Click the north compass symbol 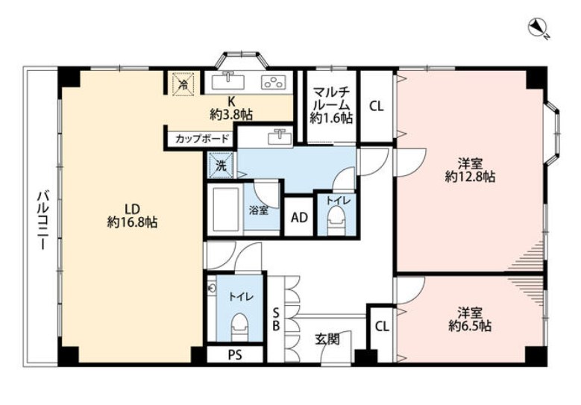[537, 29]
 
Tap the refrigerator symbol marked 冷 [183, 84]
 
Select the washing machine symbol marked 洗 [222, 166]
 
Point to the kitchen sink [227, 81]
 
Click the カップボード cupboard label [202, 139]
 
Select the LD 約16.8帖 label [132, 216]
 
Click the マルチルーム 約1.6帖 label [331, 104]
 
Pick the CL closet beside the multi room [376, 107]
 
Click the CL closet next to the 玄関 [382, 327]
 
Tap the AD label [299, 218]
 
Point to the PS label [235, 355]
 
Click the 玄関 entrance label [327, 339]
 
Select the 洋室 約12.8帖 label [470, 170]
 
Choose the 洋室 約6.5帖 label [470, 319]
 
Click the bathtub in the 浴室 [224, 208]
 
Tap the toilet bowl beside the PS [239, 326]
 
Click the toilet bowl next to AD [336, 220]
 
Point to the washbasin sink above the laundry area [280, 136]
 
